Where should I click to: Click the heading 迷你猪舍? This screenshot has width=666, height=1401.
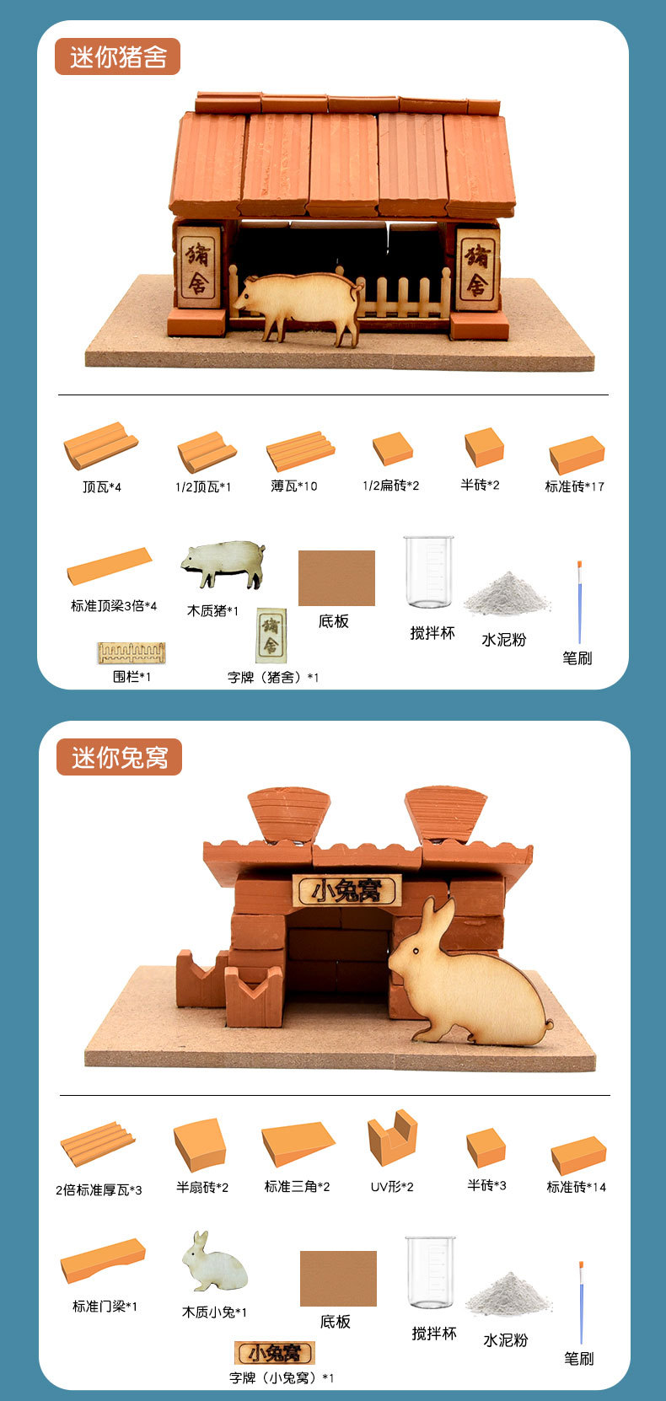pyautogui.click(x=118, y=57)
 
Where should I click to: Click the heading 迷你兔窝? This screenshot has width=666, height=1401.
pyautogui.click(x=119, y=757)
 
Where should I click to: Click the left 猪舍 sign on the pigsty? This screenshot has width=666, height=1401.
pyautogui.click(x=198, y=266)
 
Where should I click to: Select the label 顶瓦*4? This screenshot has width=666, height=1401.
pyautogui.click(x=101, y=486)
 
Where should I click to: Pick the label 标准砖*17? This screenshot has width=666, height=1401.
pyautogui.click(x=574, y=486)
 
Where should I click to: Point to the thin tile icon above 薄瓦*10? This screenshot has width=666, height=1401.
pyautogui.click(x=299, y=451)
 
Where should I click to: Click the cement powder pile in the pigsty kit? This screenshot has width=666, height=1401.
pyautogui.click(x=505, y=593)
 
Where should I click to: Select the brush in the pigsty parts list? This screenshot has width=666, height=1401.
pyautogui.click(x=579, y=602)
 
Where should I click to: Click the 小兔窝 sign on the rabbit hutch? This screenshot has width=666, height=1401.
pyautogui.click(x=347, y=890)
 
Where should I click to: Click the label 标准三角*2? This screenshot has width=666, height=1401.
pyautogui.click(x=297, y=1186)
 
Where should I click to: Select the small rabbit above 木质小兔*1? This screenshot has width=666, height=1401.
pyautogui.click(x=214, y=1262)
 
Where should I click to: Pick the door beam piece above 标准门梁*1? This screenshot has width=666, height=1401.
pyautogui.click(x=102, y=1262)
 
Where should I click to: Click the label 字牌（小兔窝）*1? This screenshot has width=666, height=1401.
pyautogui.click(x=282, y=1377)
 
